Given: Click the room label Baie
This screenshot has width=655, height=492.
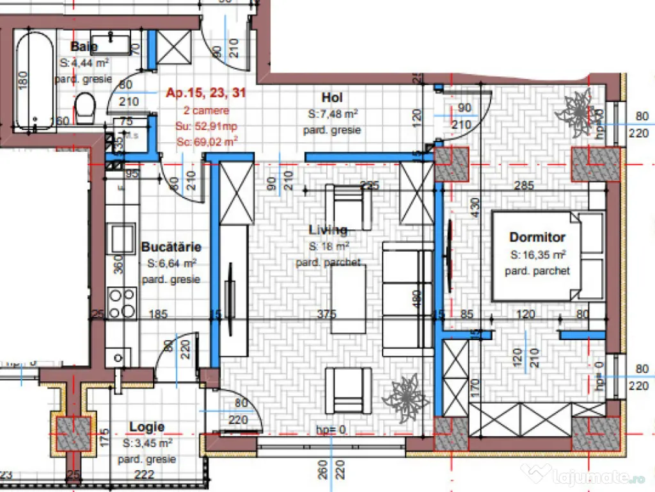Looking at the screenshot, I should pos(84,47).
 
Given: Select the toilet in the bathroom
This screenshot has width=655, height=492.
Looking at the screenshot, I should pos(84,109).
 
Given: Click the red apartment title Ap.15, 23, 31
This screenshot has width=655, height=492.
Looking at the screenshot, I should pos(205,93).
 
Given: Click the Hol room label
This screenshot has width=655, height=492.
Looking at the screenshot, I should pos(331,97).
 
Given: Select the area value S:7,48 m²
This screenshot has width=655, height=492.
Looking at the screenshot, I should pos(332,114).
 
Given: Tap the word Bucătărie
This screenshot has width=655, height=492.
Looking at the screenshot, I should pos(171,247).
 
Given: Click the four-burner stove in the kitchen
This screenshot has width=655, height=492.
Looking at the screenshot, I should pos(122,303).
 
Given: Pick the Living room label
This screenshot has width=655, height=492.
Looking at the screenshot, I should pos(328,230).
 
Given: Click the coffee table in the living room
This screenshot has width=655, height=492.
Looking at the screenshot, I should pos(349,299).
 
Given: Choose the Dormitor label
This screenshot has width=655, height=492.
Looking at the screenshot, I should pos(537,238).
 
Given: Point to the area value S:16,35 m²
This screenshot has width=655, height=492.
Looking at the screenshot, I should pos(537,254).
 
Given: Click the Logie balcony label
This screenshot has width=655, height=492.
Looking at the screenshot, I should pos(146,427).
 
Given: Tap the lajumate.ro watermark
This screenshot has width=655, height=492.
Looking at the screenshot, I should pos(585,475).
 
